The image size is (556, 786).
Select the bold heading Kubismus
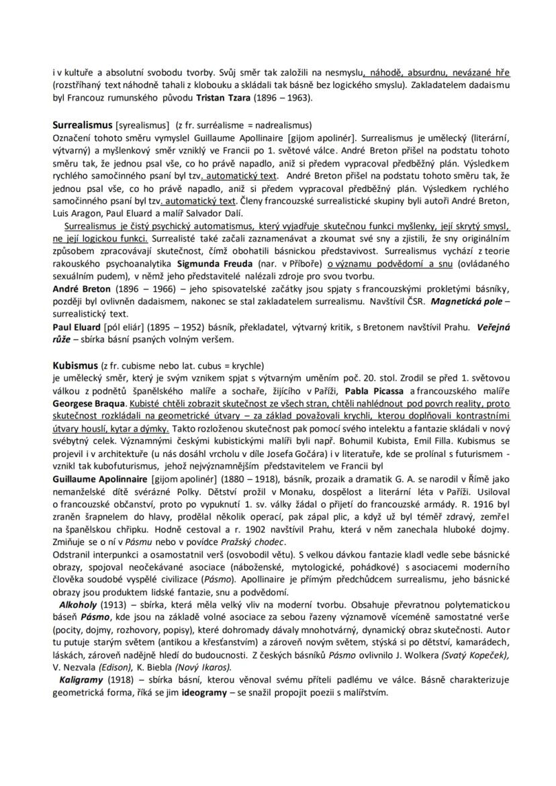coord(73,366)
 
